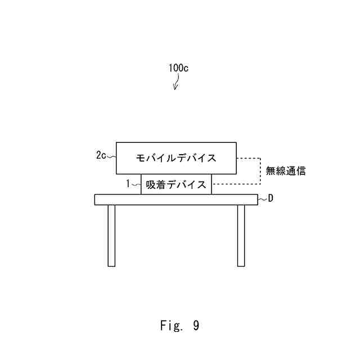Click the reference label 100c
click(x=178, y=68)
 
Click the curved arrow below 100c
click(x=176, y=83)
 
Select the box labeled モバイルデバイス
click(x=176, y=157)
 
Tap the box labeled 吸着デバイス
click(x=176, y=184)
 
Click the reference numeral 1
click(x=128, y=183)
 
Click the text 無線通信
click(x=286, y=171)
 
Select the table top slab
click(x=176, y=199)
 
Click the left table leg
click(x=111, y=235)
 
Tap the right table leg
click(x=241, y=235)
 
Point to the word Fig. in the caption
click(x=169, y=325)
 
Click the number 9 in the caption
click(x=195, y=325)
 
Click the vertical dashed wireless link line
click(x=259, y=171)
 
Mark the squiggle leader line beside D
click(x=262, y=199)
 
